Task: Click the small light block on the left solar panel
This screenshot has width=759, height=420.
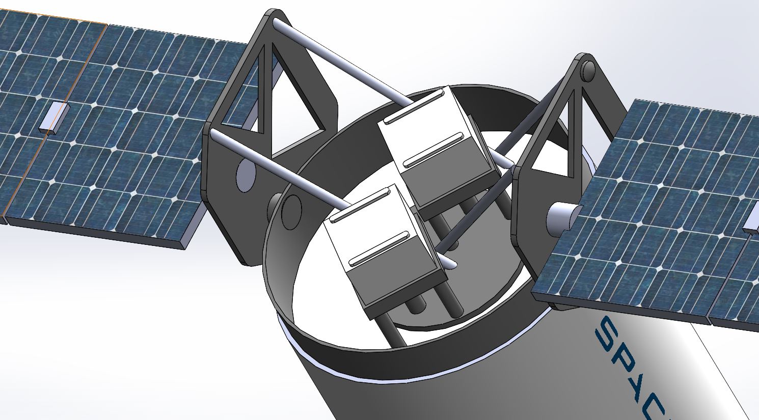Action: click(53, 118)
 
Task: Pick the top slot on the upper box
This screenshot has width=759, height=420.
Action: click(413, 107)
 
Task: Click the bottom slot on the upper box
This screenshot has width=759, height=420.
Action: click(433, 150)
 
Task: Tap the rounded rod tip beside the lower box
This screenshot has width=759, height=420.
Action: click(450, 264)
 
